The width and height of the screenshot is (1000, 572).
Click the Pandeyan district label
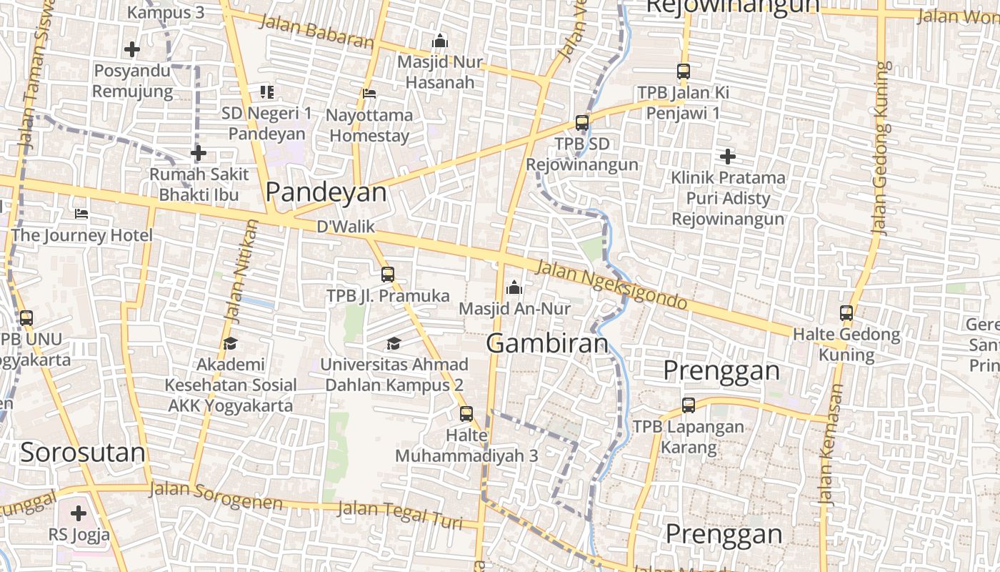pyautogui.click(x=326, y=192)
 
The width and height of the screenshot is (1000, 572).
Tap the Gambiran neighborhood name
pyautogui.click(x=547, y=343)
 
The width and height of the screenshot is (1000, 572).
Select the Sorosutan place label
pyautogui.click(x=83, y=452)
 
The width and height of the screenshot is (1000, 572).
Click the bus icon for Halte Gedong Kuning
pyautogui.click(x=846, y=312)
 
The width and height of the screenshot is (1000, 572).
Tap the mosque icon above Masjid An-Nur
pyautogui.click(x=514, y=288)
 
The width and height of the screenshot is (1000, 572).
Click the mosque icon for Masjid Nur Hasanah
pyautogui.click(x=440, y=41)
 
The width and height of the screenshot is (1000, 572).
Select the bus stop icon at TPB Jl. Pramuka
pyautogui.click(x=388, y=275)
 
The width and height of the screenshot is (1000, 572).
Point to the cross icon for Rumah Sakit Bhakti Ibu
pyautogui.click(x=199, y=153)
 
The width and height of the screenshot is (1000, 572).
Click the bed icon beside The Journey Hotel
pyautogui.click(x=81, y=214)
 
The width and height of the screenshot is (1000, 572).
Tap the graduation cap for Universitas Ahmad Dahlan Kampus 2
pyautogui.click(x=394, y=344)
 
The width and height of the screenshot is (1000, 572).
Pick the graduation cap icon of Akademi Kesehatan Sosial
pyautogui.click(x=230, y=344)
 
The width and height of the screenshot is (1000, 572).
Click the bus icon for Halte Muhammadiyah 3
pyautogui.click(x=466, y=413)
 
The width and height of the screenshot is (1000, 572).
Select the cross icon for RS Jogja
pyautogui.click(x=79, y=513)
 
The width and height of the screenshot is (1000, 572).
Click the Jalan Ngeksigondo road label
pyautogui.click(x=611, y=285)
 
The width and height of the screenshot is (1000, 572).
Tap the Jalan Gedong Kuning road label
pyautogui.click(x=881, y=149)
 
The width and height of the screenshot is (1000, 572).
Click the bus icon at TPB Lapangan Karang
pyautogui.click(x=689, y=405)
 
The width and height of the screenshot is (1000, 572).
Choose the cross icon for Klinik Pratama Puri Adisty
pyautogui.click(x=728, y=156)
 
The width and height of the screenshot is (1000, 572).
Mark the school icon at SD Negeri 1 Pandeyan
pyautogui.click(x=267, y=92)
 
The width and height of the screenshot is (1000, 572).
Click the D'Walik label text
pyautogui.click(x=345, y=227)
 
